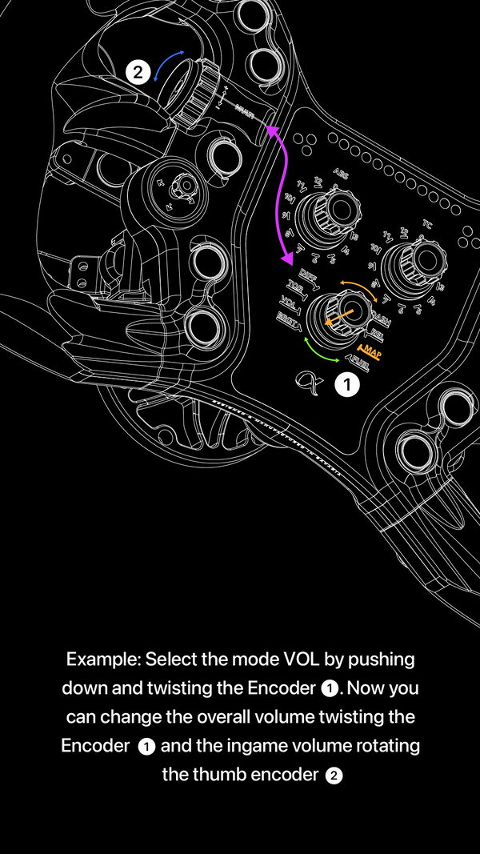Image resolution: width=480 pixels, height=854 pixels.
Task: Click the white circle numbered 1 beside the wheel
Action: click(x=347, y=385)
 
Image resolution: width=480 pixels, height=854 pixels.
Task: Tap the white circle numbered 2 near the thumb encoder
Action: click(x=138, y=73)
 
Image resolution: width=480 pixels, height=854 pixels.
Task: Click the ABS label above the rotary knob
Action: click(x=340, y=171)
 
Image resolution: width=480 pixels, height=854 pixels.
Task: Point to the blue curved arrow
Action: click(x=168, y=66)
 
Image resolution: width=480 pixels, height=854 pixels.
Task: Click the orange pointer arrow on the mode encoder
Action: click(x=338, y=316)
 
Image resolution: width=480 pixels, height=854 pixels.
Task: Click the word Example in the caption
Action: click(x=102, y=660)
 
